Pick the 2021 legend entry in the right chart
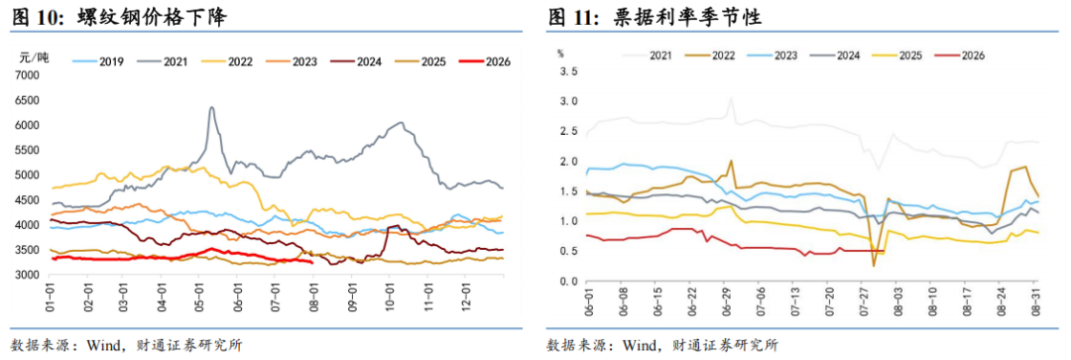(647, 56)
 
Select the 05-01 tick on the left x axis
(198, 295)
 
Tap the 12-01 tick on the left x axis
(464, 295)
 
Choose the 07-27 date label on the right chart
(862, 301)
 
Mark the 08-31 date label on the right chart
(1034, 301)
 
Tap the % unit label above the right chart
(560, 52)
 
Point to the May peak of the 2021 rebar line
(212, 107)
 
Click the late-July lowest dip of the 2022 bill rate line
(874, 265)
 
